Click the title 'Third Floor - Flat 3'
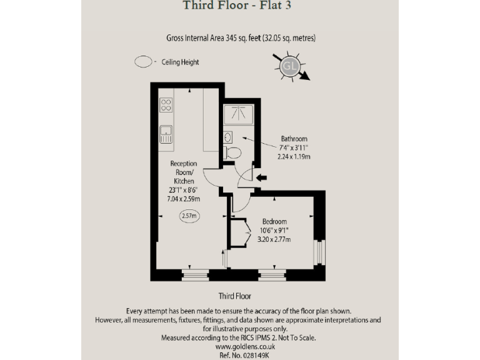pos(237,7)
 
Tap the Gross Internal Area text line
pos(241,38)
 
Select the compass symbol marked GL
pos(289,66)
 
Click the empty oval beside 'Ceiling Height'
pos(144,62)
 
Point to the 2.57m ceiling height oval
pos(188,216)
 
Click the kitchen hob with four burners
pos(166,104)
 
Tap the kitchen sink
pos(166,133)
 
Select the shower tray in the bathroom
pos(238,114)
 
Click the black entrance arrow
pos(261,178)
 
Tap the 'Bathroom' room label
pos(294,139)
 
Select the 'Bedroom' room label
pos(274,222)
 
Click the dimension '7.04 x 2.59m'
pos(184,199)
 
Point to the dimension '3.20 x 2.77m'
pos(274,239)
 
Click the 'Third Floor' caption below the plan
pos(234,296)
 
